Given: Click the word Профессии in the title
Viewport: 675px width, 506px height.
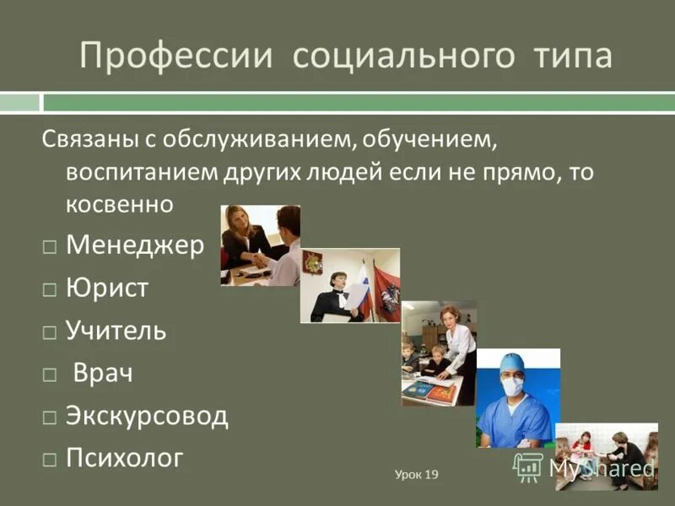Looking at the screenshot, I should pos(176,57).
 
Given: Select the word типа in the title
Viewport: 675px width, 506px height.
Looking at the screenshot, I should pos(573,57).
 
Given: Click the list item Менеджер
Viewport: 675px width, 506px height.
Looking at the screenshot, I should pos(135,245).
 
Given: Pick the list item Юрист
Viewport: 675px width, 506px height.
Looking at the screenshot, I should pos(107,288).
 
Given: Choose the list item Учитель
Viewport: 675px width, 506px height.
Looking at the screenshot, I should pos(116,331).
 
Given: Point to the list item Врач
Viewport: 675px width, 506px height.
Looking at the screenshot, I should pos(103,373).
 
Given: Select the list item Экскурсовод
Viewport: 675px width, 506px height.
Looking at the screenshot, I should pos(147,416).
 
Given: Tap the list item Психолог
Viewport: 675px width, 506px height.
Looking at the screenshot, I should pos(124,458).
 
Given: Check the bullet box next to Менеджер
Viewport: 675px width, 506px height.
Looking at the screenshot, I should pos(51,247).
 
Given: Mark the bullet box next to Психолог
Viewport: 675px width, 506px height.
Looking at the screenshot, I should pos(51,460).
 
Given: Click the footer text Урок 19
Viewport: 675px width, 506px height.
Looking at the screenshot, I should pos(417,475).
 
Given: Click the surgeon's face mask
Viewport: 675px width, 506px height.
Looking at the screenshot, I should pos(512,386).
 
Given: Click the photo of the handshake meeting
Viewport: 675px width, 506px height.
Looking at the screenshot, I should pos(260,245).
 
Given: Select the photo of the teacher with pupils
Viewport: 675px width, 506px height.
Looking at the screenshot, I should pos(438,353).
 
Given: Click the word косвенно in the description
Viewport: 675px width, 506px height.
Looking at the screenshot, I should pos(119,203).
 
